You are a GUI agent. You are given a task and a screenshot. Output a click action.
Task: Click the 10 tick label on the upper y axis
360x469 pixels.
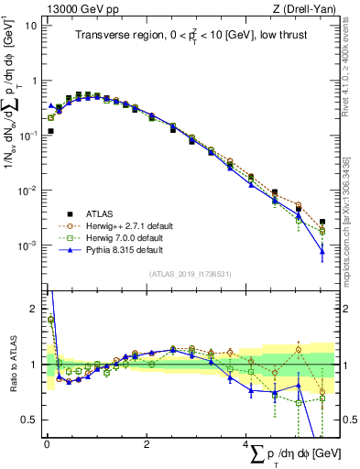[29, 25]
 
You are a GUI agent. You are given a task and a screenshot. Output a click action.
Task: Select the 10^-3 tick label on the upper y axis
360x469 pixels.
[27, 245]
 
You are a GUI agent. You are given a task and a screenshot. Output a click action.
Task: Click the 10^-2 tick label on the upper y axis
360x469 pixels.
[27, 191]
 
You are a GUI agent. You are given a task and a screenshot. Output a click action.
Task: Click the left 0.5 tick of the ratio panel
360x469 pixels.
[30, 420]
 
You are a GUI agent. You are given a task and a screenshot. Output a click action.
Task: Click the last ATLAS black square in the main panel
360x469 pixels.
[322, 222]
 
